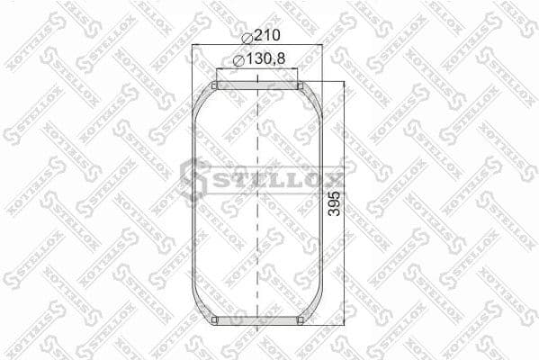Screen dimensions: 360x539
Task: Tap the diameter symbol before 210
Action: click(247, 36)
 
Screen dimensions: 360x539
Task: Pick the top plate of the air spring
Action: click(258, 85)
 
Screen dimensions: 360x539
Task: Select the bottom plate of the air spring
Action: click(258, 319)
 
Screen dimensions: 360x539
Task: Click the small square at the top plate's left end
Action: click(214, 85)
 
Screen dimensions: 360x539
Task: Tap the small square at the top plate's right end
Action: click(301, 85)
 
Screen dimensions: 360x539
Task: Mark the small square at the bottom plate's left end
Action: click(214, 319)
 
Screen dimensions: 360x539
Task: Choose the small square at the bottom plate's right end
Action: click(301, 319)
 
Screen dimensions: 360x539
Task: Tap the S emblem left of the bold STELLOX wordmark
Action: click(193, 177)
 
